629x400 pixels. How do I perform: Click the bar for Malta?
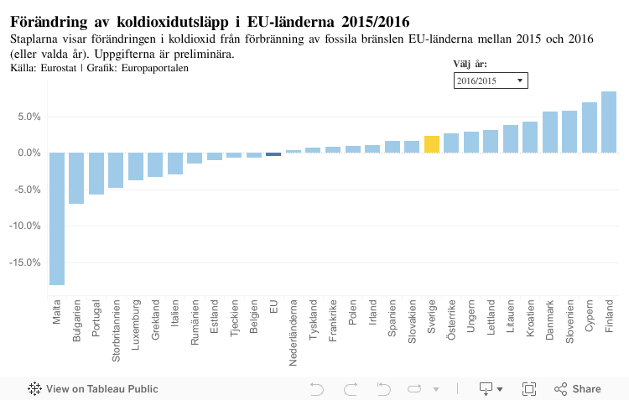click(x=57, y=218)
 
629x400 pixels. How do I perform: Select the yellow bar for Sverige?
click(x=432, y=144)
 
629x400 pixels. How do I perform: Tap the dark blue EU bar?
click(x=273, y=154)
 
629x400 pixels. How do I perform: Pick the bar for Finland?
click(x=609, y=122)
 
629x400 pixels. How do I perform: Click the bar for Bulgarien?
click(x=76, y=178)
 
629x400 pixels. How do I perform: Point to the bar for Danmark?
click(x=550, y=132)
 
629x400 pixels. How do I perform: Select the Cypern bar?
click(x=590, y=127)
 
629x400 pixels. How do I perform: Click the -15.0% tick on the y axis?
click(x=25, y=262)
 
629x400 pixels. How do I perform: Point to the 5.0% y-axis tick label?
click(x=29, y=117)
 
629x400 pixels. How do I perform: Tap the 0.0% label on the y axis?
click(x=29, y=153)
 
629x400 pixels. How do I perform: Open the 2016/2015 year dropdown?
click(x=491, y=81)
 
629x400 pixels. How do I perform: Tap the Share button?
click(x=578, y=388)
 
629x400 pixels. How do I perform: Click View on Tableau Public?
click(x=93, y=388)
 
